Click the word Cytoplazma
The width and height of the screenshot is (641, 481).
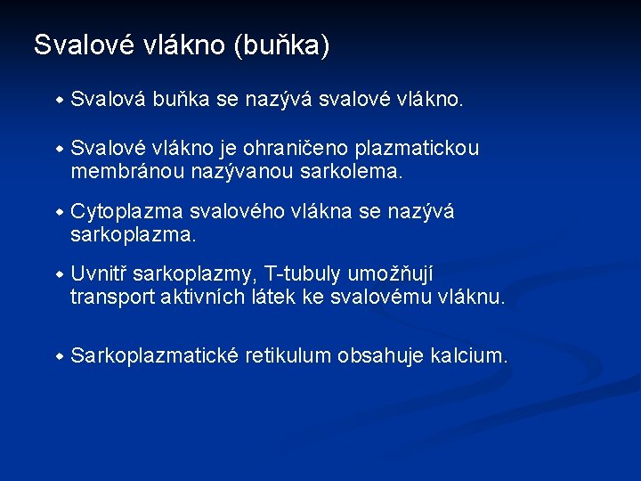point(126,211)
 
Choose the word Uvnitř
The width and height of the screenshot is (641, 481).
point(99,274)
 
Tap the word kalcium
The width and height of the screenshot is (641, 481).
point(469,356)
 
